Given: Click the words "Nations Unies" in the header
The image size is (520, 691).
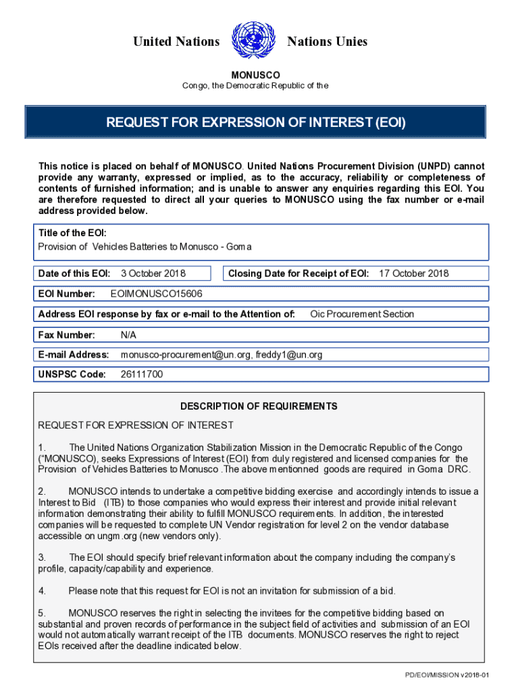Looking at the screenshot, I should pos(328,42).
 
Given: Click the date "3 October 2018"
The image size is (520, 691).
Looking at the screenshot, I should pos(153,273).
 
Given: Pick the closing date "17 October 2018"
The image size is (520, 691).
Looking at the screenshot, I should pos(413,273).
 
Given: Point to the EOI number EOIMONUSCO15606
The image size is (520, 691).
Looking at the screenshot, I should pos(156,294).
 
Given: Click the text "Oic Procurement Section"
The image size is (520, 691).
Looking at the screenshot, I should pos(362,314).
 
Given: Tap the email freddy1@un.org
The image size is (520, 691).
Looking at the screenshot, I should pos(288,354).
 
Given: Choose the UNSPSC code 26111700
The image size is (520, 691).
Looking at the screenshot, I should pos(141,375).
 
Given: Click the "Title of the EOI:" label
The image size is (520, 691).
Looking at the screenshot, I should pos(72,233).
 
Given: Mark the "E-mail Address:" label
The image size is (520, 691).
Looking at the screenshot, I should pos(74,354).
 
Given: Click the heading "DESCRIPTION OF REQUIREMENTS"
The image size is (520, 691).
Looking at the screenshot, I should pos(259,406).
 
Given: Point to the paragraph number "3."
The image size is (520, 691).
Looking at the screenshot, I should pos(42,557).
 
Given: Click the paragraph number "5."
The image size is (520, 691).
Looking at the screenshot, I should pos(42,613).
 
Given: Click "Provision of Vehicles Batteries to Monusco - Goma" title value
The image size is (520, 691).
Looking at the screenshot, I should pos(145,246).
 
